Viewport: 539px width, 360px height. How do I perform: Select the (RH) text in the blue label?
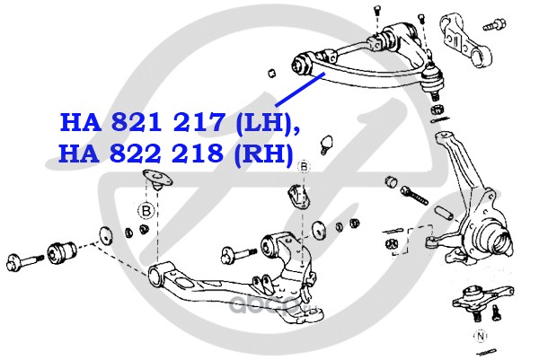pyautogui.click(x=263, y=154)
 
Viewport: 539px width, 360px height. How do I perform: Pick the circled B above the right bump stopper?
pyautogui.click(x=304, y=167)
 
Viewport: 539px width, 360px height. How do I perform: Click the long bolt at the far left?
pyautogui.click(x=27, y=262)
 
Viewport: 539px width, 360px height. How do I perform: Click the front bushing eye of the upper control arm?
pyautogui.click(x=306, y=62)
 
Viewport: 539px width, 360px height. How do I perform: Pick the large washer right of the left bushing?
pyautogui.click(x=104, y=235)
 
